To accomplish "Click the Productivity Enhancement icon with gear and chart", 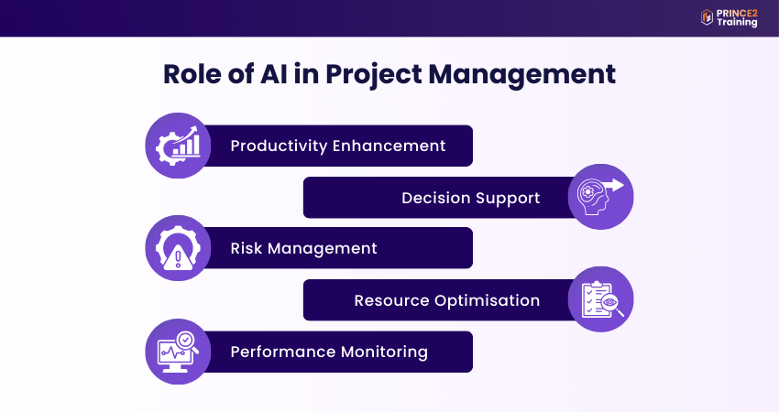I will (x=177, y=146).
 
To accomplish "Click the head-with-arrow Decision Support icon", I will (x=600, y=197).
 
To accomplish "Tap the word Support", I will (x=508, y=198).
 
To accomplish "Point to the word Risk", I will (x=247, y=248).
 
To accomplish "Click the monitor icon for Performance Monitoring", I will (x=177, y=352).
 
